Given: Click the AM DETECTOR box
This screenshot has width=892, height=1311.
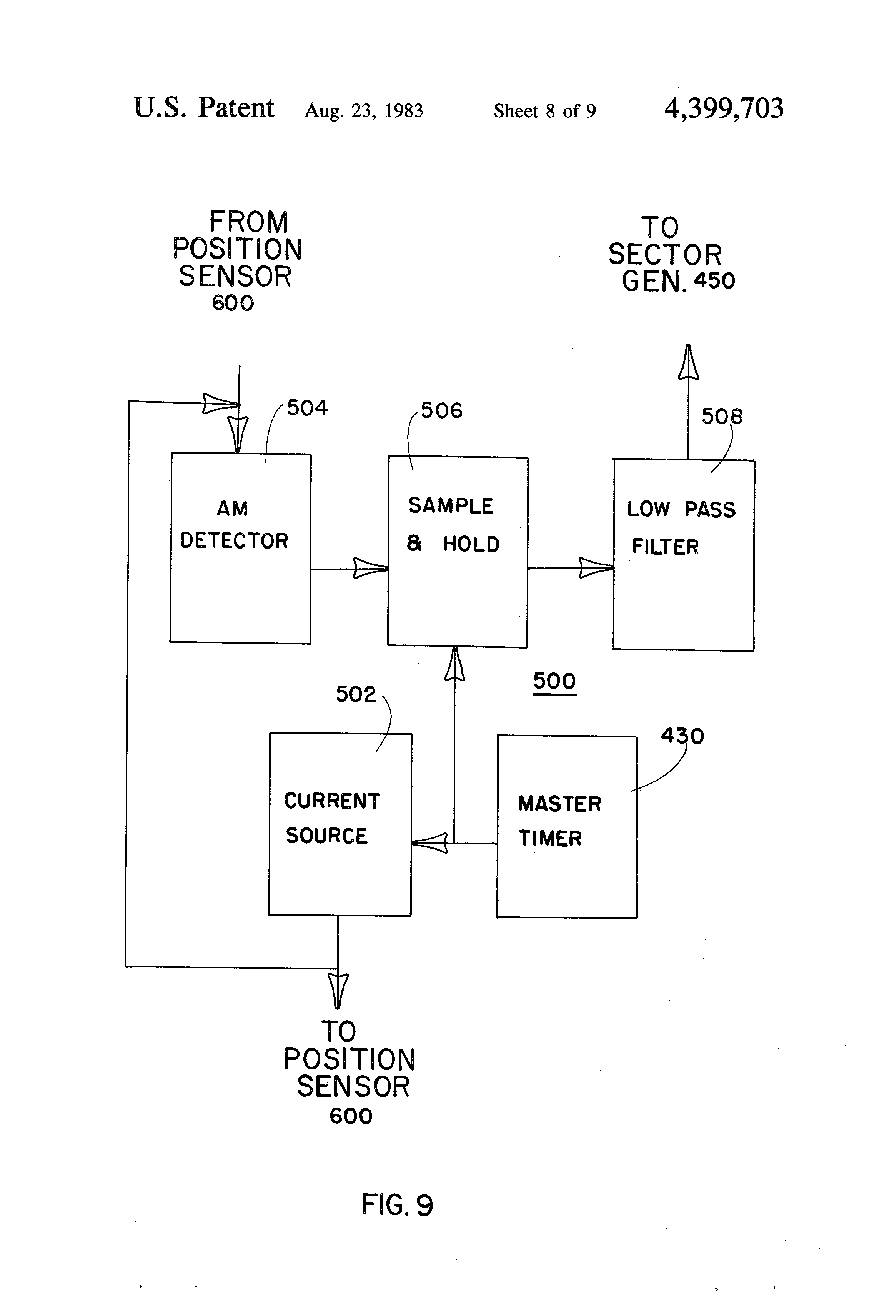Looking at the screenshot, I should (x=240, y=548).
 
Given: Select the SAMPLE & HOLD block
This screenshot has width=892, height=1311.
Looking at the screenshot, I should (x=457, y=552).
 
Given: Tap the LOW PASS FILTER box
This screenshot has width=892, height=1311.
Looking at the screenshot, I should (x=683, y=555).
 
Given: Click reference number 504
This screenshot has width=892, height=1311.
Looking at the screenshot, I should (x=307, y=408).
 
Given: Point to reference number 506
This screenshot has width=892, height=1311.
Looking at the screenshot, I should (x=441, y=411).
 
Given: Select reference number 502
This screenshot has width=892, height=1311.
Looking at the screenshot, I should (x=356, y=694).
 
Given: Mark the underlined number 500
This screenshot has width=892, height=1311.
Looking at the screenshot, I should (x=554, y=681).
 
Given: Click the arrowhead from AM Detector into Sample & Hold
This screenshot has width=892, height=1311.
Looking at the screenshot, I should (x=370, y=568).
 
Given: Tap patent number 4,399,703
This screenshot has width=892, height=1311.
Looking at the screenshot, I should (x=724, y=108).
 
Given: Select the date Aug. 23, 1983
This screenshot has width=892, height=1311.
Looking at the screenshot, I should (x=364, y=110).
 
